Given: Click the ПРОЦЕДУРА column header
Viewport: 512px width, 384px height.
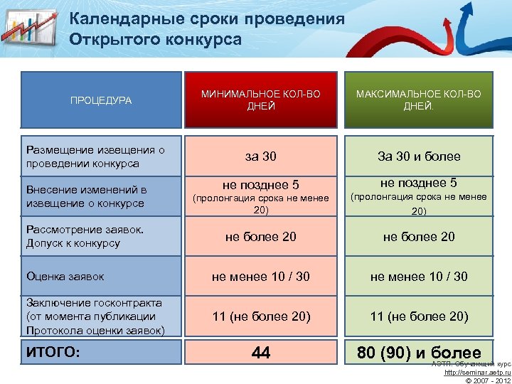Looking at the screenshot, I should (x=101, y=100).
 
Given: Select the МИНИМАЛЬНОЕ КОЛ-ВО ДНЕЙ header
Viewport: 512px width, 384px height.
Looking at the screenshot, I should (x=261, y=100).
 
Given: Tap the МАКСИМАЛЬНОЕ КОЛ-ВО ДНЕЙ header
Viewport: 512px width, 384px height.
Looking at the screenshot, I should (x=419, y=100).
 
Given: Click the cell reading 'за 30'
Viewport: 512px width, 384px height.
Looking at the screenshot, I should (x=261, y=156).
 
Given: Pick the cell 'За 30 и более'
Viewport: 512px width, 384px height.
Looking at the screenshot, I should (x=419, y=156).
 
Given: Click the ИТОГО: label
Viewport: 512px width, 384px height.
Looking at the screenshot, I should (x=53, y=352).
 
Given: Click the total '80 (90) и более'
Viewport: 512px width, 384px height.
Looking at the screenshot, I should (x=419, y=352).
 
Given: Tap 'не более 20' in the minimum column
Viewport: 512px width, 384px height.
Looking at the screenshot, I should (x=261, y=236).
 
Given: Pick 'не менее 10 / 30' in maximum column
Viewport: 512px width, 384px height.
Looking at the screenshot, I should (x=419, y=276).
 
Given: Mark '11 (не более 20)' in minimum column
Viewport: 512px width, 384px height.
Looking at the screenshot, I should (x=261, y=316).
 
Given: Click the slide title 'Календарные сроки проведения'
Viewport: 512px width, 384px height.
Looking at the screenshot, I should (x=207, y=19).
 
